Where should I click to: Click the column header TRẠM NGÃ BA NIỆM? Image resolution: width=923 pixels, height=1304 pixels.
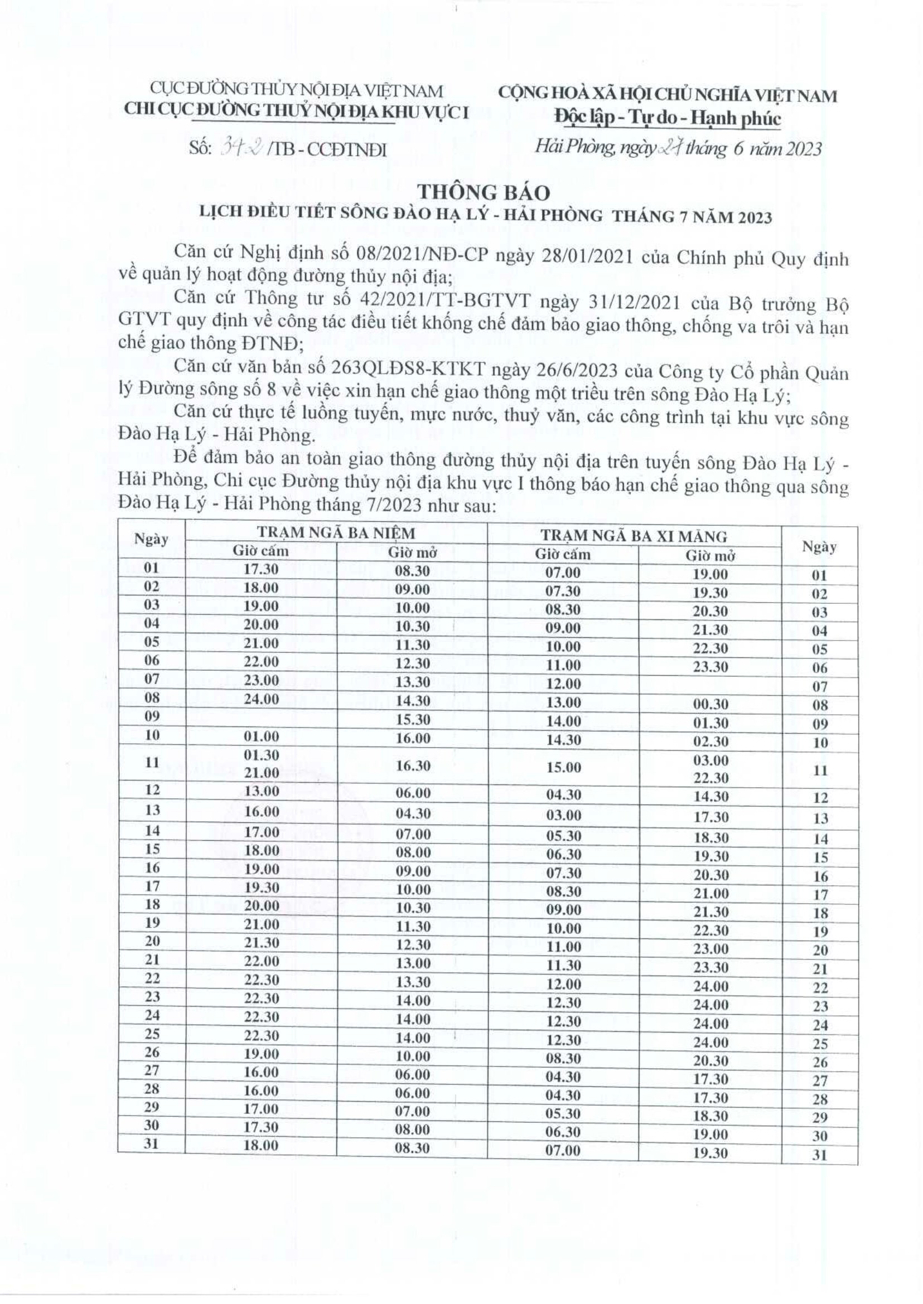pos(336,533)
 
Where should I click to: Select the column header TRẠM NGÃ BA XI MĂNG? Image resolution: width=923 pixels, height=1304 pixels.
pos(634,536)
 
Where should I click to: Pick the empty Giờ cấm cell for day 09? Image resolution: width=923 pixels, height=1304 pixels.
pos(261,718)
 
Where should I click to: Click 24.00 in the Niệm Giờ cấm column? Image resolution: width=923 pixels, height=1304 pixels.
pos(262,699)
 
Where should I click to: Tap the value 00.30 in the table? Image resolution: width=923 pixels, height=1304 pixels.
pos(711,704)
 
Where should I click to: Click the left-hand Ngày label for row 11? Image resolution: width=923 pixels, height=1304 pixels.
pos(151,763)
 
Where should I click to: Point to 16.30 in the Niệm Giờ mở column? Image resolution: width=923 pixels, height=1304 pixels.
pos(412,765)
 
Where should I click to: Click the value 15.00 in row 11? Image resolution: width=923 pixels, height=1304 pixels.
pos(563,767)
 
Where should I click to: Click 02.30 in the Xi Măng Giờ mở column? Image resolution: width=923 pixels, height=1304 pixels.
pos(711,741)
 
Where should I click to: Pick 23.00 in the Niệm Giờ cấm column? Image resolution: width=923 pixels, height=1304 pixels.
pos(262,680)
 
